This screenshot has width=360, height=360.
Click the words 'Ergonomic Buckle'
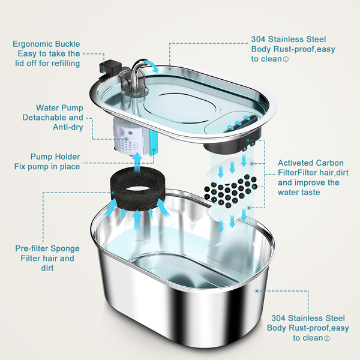(x=46, y=44)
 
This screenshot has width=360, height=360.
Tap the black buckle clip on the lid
(x=110, y=70)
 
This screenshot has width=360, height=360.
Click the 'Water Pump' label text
(x=59, y=107)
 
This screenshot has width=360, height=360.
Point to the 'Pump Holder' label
(x=55, y=157)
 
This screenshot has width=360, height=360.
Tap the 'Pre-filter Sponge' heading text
(x=47, y=248)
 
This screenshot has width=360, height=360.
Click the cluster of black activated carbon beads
(x=230, y=190)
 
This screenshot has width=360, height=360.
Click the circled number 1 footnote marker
(x=286, y=59)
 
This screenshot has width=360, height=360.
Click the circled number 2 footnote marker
(x=327, y=338)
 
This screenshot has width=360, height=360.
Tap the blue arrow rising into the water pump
(x=137, y=161)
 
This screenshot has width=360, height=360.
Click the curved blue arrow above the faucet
(x=151, y=66)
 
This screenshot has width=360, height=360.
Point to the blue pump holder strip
(x=154, y=142)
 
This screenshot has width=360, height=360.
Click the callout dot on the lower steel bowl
(x=257, y=291)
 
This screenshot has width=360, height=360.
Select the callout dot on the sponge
(x=113, y=193)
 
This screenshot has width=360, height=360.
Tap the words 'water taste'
(x=299, y=192)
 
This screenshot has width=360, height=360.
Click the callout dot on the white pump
(x=126, y=139)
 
